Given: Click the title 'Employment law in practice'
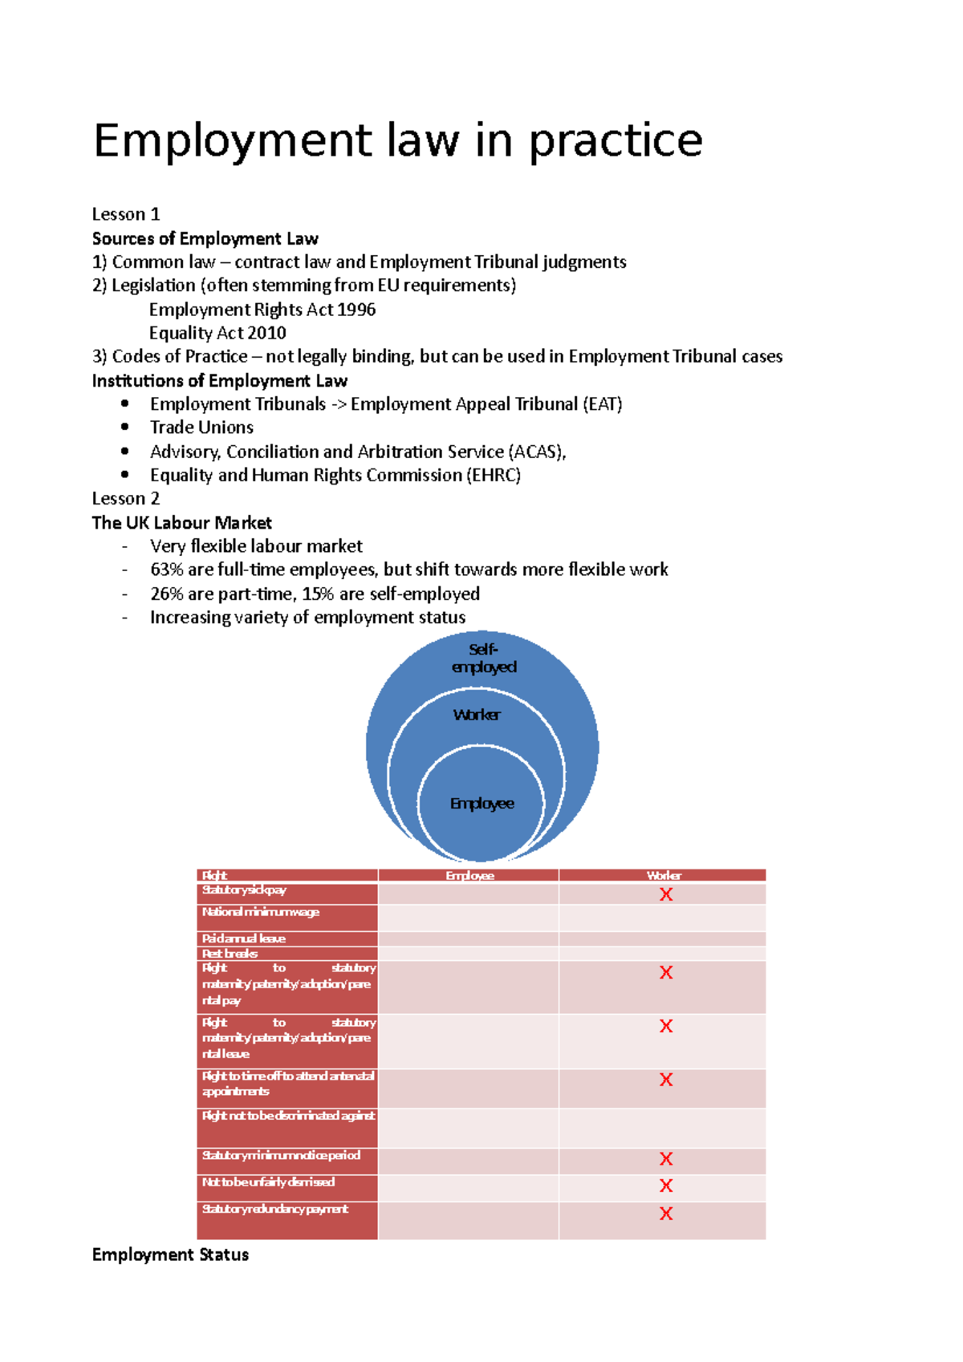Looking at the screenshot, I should coord(398,140).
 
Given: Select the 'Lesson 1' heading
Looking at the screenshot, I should coord(126,214).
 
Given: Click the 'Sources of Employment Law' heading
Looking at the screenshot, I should coord(205,238).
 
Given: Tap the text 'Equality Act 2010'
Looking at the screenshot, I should coord(217,333).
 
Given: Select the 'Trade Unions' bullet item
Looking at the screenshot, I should coord(201,428).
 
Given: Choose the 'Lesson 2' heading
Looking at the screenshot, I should coord(126,498).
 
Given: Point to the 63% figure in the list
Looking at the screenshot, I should coord(166,570).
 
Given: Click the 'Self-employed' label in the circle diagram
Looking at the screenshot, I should coord(483,658).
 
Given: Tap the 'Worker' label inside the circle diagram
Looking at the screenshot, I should coord(477,715).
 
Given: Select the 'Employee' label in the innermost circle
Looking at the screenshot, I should coord(481,803).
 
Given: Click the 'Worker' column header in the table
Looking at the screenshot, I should coord(663,875).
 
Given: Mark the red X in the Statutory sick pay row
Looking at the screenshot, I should coord(665,894).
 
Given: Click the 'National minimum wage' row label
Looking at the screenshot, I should coord(260,912).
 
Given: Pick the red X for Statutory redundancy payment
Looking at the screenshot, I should coord(665,1214).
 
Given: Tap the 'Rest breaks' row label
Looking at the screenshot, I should coord(230,954).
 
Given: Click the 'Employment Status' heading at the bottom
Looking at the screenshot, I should coord(170,1255).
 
